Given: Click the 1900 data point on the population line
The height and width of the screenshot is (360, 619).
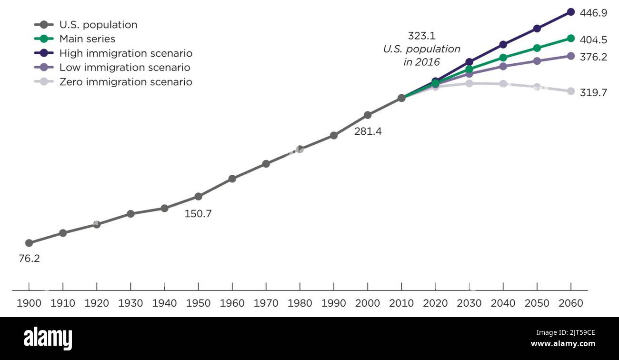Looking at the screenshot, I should coord(29,243).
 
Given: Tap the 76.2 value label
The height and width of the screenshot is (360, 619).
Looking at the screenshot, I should coord(29,259).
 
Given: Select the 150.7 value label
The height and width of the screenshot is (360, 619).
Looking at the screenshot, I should coord(198,214).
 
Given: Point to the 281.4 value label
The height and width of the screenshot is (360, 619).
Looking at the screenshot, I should coord(368,131).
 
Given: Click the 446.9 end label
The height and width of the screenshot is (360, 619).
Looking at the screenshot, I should coord(593,13).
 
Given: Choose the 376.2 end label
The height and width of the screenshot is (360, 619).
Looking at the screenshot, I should coord(593,57).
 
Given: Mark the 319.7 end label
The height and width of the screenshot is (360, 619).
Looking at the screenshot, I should coord(593,92).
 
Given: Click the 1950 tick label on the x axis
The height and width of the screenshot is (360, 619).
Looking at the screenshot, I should coord(198,303).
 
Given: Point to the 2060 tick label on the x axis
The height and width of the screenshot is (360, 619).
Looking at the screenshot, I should coord(570,303).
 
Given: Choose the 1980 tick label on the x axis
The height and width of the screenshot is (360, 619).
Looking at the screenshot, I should coord(300,303).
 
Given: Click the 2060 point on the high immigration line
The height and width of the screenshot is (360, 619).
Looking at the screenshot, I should coord(570,12).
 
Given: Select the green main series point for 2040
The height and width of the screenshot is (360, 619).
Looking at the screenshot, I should coord(503,58).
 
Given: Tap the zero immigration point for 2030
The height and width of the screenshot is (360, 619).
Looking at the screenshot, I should coord(469,83).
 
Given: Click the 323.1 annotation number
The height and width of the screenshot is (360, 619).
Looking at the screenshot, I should coord(421,36).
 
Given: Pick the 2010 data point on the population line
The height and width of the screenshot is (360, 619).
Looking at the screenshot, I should coord(401,98).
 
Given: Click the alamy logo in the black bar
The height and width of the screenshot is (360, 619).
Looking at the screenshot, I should coord(48,339).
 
